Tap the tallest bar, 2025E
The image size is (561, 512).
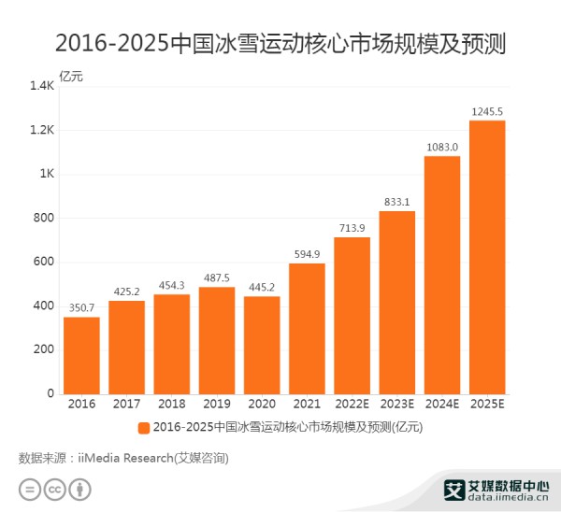tap(487, 257)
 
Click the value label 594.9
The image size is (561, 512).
tap(307, 254)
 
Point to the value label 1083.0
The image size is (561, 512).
tap(442, 147)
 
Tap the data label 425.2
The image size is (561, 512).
tap(126, 292)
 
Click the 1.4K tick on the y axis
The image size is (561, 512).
tap(42, 86)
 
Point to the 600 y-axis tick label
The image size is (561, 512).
tap(43, 262)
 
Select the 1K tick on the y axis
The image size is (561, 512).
tap(46, 174)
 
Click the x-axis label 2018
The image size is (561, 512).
tap(171, 404)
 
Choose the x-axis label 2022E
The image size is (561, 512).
tap(352, 404)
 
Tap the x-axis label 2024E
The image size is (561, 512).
tap(442, 404)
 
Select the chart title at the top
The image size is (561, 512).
tap(280, 43)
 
